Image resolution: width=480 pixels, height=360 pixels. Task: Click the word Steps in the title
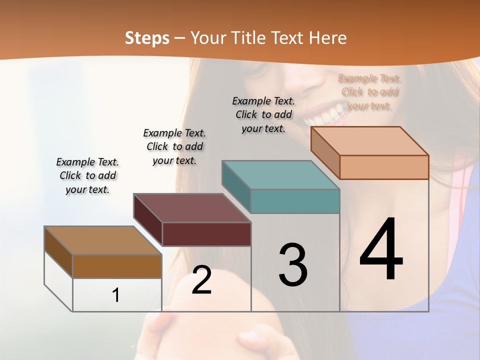click(147, 38)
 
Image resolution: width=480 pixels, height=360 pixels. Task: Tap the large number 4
click(381, 250)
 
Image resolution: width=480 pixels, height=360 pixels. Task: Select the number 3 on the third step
click(293, 265)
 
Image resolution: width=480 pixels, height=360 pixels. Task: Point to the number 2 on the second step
click(201, 280)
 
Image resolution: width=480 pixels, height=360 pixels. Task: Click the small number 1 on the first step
click(116, 295)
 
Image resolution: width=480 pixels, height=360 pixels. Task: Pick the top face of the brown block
click(102, 240)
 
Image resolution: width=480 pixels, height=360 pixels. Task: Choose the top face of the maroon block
click(192, 208)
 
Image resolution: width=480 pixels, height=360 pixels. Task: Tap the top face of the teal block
click(280, 175)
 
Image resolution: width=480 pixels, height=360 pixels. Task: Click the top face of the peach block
click(369, 141)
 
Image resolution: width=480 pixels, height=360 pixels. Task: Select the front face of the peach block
click(384, 167)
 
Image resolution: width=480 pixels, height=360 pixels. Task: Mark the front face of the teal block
click(295, 201)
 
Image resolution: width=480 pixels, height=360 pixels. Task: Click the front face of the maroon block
click(206, 234)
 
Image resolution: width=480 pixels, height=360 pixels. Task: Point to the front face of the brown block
click(117, 266)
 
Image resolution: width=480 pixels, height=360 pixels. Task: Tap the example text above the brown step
click(87, 175)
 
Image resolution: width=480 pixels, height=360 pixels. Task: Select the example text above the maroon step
click(174, 146)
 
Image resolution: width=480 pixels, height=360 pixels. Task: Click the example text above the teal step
click(263, 114)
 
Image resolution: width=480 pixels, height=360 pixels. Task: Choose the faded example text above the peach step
click(369, 92)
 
